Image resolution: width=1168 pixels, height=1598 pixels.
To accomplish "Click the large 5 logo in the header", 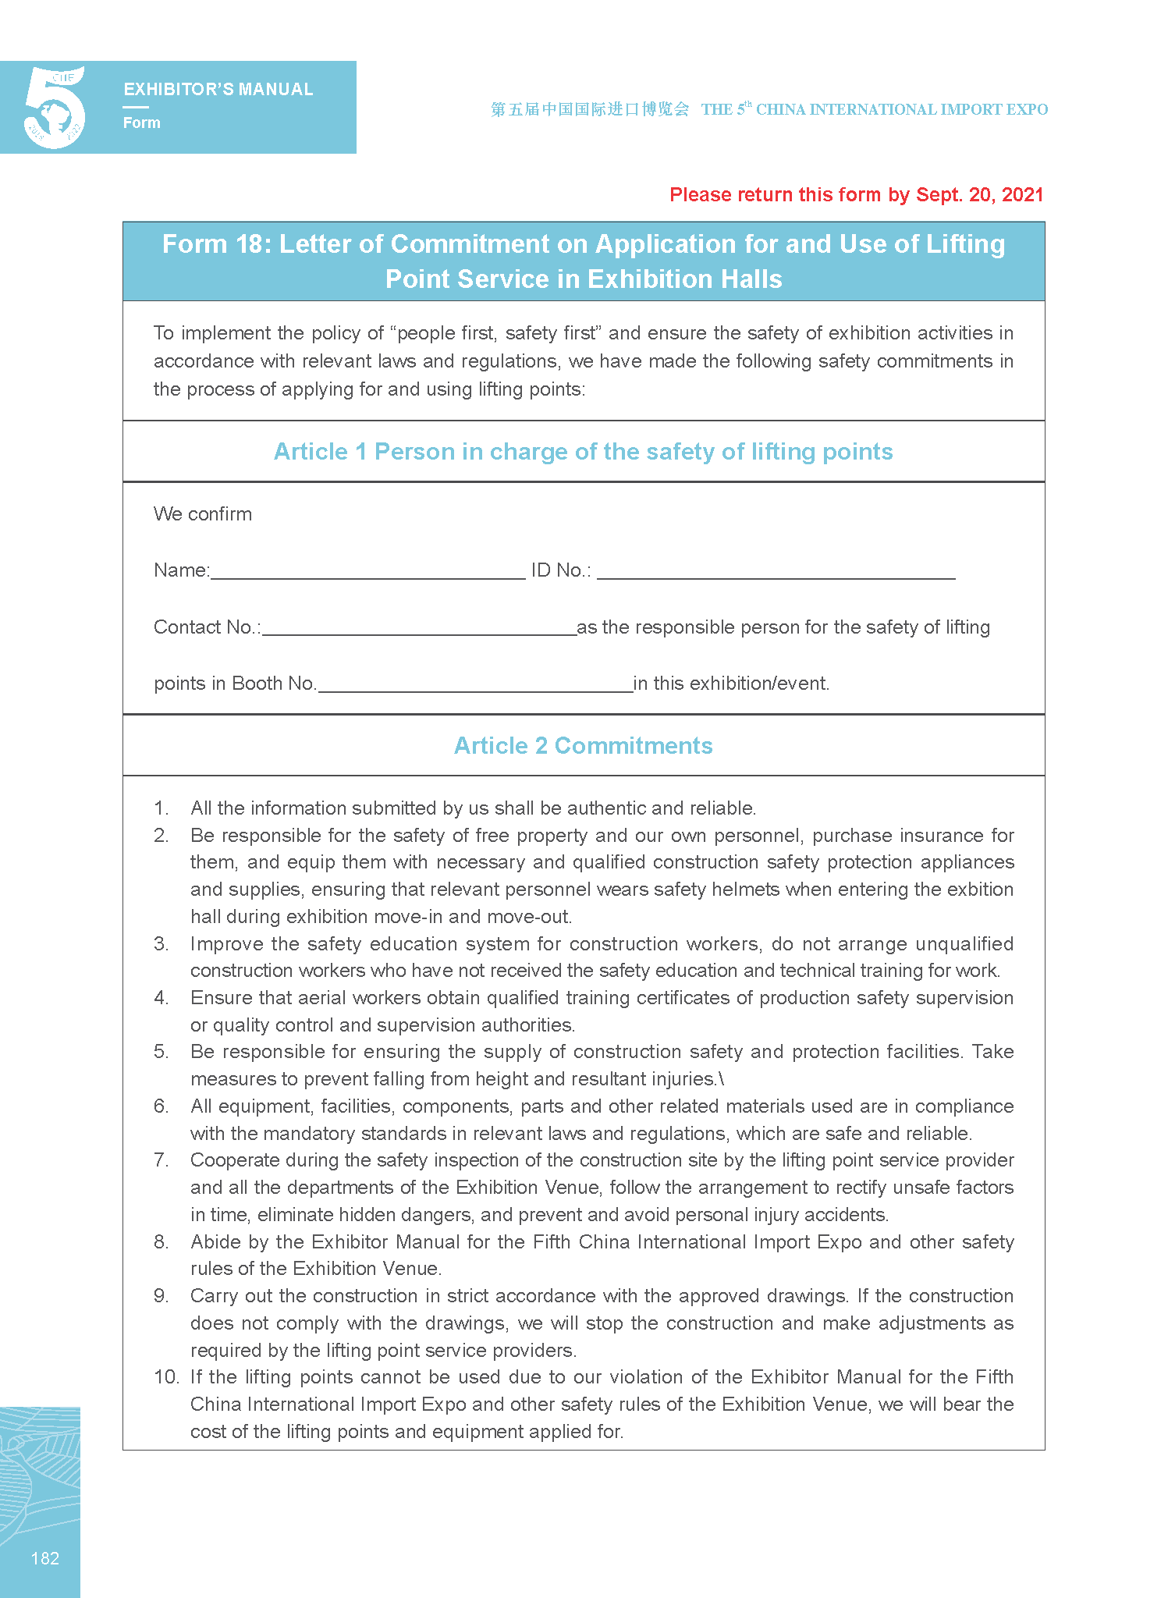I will tap(55, 108).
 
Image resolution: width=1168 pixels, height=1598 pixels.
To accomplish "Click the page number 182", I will tap(44, 1558).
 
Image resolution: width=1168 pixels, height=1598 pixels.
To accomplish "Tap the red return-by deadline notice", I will tap(856, 195).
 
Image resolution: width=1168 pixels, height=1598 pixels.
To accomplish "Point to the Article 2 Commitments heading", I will tap(583, 746).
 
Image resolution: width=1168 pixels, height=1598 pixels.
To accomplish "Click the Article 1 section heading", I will tap(583, 452).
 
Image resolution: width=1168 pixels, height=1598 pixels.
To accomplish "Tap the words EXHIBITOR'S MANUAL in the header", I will tap(218, 90).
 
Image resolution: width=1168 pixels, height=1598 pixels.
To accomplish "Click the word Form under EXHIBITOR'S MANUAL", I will tap(142, 123).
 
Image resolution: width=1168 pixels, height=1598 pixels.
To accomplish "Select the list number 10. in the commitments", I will tap(166, 1377).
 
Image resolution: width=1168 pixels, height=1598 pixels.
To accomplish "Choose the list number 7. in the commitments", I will tap(161, 1160).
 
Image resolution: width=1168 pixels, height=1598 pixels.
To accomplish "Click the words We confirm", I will tap(203, 514).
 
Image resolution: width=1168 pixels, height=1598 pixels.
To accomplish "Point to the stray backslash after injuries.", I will tap(722, 1079).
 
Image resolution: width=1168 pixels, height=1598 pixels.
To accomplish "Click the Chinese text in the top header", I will tap(590, 109).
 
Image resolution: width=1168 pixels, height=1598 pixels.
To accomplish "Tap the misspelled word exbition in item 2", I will tap(980, 890).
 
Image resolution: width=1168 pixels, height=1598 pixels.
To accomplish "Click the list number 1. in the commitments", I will tap(161, 808).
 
